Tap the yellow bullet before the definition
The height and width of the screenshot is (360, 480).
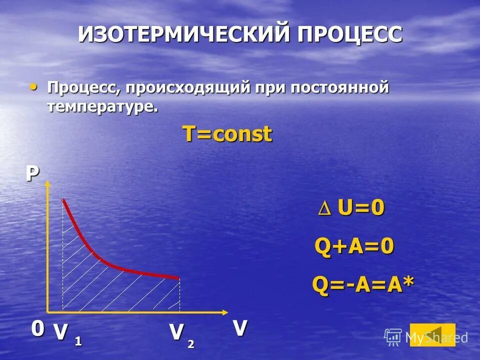coord(33,87)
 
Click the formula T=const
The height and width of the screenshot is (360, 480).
coord(227,134)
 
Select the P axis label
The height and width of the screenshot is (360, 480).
coord(32,173)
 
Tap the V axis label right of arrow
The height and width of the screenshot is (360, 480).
coord(240,328)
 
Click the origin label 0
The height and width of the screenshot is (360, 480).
coord(37,329)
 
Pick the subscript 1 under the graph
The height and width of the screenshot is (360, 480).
coord(78,342)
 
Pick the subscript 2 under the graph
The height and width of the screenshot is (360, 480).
coord(191,343)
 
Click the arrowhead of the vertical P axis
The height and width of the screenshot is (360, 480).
coord(48,183)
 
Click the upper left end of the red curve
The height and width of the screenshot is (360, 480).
coord(63,200)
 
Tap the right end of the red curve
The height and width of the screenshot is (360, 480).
coord(178,278)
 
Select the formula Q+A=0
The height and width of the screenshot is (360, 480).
coord(354,246)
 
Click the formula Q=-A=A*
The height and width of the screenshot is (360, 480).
coord(363,285)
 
